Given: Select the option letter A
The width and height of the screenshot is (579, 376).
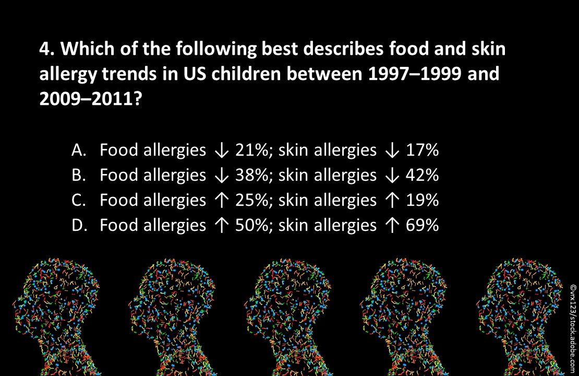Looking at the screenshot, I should pos(78,150).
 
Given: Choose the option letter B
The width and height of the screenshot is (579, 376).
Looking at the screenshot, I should pos(78,175).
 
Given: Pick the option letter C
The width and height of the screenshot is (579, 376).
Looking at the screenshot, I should pos(78,200).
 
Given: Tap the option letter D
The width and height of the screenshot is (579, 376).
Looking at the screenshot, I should pos(78,225).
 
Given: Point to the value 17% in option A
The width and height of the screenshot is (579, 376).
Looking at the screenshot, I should pos(422,150).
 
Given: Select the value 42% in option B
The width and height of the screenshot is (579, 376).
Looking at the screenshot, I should pos(422,175).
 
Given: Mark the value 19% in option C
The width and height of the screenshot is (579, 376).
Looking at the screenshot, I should pos(422,200).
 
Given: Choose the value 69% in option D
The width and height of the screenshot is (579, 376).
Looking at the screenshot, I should pos(422,225).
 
